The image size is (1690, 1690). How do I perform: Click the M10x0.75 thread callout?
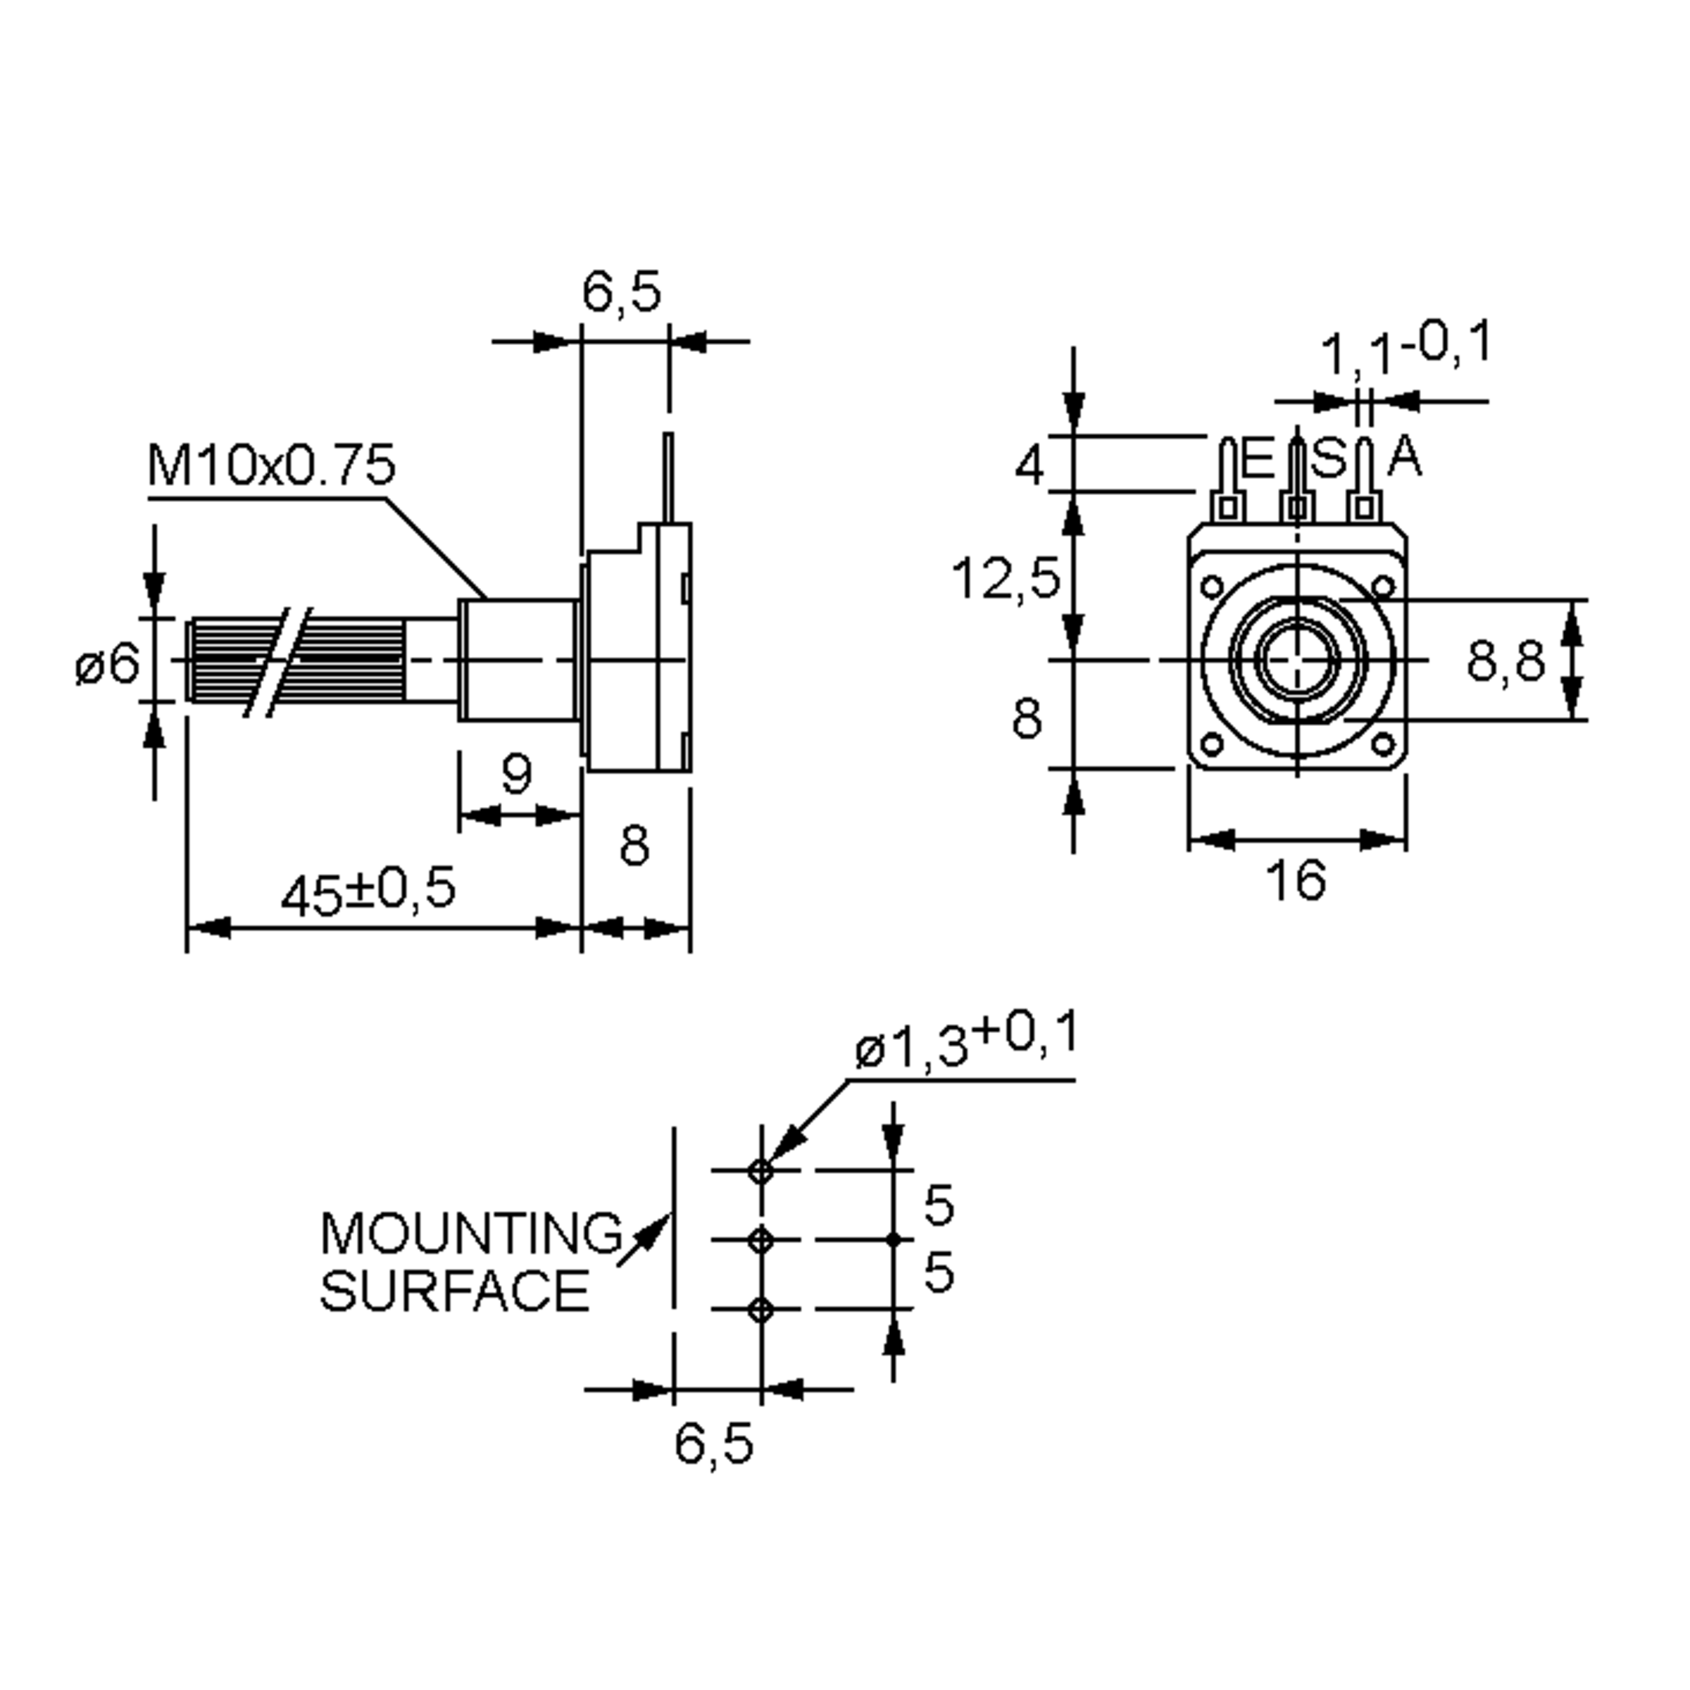[271, 465]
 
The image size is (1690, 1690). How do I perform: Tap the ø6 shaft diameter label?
[108, 665]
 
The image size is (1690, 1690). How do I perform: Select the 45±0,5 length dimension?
[368, 891]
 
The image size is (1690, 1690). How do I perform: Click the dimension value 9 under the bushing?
[517, 773]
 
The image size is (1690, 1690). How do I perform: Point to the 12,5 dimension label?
[1006, 579]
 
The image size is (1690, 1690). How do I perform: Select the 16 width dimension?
[1296, 880]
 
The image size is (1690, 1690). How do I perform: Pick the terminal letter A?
[1405, 456]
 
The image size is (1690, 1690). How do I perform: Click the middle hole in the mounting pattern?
[761, 1239]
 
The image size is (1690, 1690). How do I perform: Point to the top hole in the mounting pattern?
[761, 1170]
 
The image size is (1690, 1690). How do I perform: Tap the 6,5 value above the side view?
[622, 292]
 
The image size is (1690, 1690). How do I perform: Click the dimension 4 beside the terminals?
[1029, 465]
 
